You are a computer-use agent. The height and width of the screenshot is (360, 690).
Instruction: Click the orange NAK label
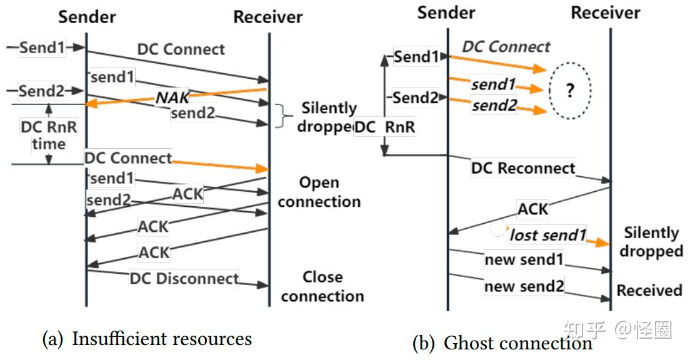(x=172, y=97)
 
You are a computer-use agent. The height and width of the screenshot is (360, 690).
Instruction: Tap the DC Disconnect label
(x=184, y=278)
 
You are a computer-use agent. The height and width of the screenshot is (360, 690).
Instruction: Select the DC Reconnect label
(x=523, y=168)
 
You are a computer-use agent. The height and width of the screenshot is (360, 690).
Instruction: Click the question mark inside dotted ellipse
(x=569, y=91)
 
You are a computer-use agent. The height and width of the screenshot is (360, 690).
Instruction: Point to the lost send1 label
(x=548, y=235)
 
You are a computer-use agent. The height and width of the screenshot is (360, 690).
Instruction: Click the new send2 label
(x=524, y=287)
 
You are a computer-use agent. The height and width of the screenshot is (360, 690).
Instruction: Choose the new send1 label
(x=524, y=259)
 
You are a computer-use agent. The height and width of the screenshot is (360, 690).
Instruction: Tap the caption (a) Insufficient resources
(x=147, y=339)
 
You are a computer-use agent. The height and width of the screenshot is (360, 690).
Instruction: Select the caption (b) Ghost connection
(x=502, y=342)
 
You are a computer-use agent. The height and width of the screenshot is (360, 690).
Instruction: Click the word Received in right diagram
(x=649, y=291)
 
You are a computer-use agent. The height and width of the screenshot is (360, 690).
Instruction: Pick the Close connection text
(x=322, y=286)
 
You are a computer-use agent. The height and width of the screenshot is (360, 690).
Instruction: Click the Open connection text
(x=319, y=192)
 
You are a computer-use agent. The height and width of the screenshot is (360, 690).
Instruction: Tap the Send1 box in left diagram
(x=42, y=47)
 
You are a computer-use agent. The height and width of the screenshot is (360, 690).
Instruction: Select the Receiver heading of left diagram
(x=268, y=17)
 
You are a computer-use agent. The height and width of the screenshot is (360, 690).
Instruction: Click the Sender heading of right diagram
(x=446, y=12)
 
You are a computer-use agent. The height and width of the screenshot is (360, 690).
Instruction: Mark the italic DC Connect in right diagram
(x=506, y=46)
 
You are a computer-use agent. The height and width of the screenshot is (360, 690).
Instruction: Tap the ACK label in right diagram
(x=533, y=209)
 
